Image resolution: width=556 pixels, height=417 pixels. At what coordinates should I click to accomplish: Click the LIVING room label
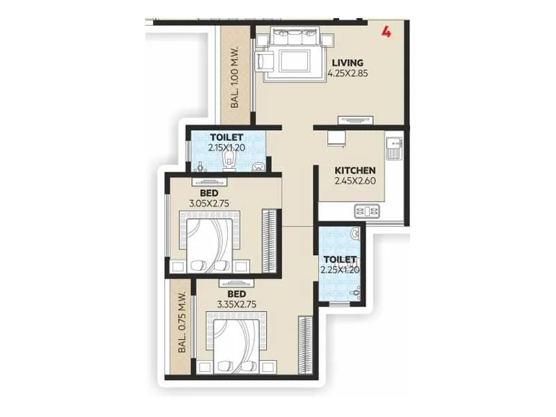coord(347,63)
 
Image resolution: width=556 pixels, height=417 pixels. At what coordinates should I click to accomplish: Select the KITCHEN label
coord(355,170)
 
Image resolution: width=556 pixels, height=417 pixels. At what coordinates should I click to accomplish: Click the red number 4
coord(386,31)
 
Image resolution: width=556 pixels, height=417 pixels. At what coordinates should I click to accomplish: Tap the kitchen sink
coord(394,147)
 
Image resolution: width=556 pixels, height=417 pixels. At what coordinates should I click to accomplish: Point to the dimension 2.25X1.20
coord(340,270)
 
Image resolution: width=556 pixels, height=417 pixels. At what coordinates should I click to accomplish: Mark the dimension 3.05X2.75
coord(209,204)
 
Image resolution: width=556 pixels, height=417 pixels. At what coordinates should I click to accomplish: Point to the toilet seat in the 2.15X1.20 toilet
coord(229,162)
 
